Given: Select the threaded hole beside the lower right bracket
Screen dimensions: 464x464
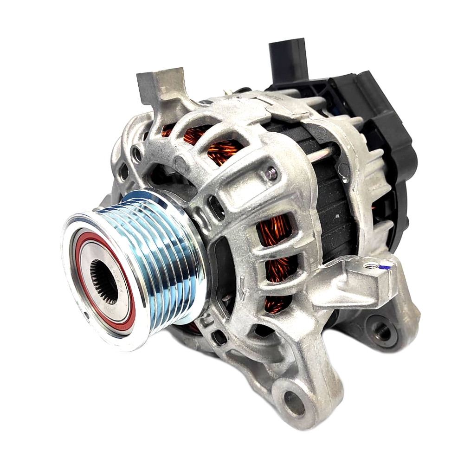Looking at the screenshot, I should click(x=381, y=331).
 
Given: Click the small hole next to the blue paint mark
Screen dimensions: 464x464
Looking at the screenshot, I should click(x=371, y=266).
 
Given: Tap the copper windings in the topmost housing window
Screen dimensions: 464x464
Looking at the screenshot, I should click(x=195, y=135).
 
